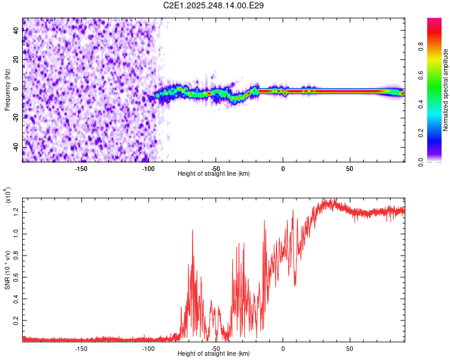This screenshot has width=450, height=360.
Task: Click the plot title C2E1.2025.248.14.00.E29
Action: pyautogui.click(x=214, y=5)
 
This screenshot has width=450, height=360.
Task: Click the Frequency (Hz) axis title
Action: pyautogui.click(x=7, y=90)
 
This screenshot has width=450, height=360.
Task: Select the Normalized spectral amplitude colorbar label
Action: pyautogui.click(x=446, y=90)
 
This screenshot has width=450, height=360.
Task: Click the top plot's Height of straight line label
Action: pyautogui.click(x=214, y=174)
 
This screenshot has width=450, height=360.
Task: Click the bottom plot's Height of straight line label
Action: pyautogui.click(x=214, y=353)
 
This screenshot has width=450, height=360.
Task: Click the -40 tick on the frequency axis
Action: pyautogui.click(x=16, y=147)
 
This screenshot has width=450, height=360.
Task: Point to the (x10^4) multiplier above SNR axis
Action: pyautogui.click(x=7, y=195)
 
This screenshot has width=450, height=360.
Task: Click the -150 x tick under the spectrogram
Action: pyautogui.click(x=81, y=169)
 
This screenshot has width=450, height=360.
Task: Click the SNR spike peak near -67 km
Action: pyautogui.click(x=193, y=230)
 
